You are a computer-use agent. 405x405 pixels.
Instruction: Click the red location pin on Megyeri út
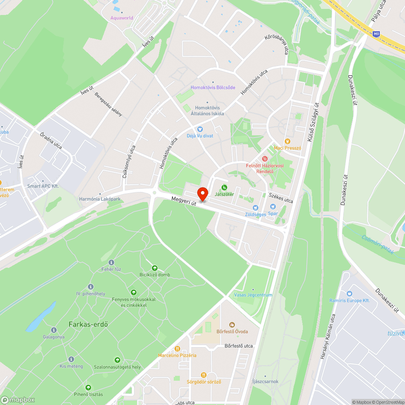pos(202,194)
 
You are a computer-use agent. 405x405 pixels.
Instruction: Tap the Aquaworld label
pos(122,18)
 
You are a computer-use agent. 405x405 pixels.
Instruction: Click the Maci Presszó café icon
pos(288,141)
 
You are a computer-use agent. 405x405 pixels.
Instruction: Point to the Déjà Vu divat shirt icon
pos(200,129)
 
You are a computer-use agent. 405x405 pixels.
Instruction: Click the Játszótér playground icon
pos(224,187)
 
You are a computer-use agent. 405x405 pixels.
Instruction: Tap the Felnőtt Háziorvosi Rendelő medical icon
pos(265,158)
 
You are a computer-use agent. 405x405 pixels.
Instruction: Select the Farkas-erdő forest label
pos(85,324)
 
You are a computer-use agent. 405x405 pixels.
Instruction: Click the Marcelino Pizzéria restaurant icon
pos(177,348)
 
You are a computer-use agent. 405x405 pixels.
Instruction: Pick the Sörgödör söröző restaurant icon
pos(204,375)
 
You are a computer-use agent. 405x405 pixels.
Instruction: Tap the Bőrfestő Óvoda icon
pos(232,324)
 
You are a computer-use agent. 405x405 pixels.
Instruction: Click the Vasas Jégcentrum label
pos(253,295)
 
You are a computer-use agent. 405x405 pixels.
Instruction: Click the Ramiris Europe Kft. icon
pos(350,294)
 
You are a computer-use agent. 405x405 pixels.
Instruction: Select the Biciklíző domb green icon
pos(154,268)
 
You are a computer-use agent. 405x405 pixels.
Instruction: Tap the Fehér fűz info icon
pos(111,262)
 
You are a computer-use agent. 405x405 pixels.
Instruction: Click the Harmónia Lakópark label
pos(100,199)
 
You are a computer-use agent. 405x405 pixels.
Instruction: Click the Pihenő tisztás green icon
pos(88,388)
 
